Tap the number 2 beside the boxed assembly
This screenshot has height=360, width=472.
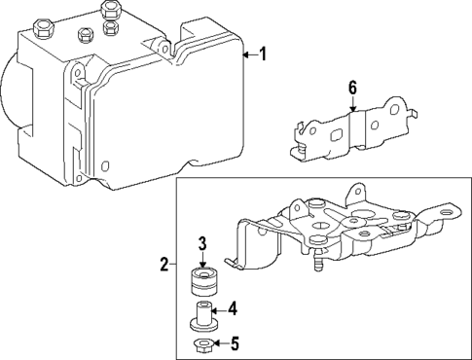click(x=165, y=264)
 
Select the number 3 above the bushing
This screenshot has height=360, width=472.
click(x=203, y=243)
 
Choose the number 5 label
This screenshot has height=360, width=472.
click(x=234, y=342)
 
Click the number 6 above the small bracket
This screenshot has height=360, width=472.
click(x=352, y=89)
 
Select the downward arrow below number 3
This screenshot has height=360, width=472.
click(x=203, y=260)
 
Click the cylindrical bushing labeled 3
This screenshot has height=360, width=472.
click(x=202, y=285)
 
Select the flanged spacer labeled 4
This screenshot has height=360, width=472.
click(x=201, y=316)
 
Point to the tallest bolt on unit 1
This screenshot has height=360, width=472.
click(x=109, y=14)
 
